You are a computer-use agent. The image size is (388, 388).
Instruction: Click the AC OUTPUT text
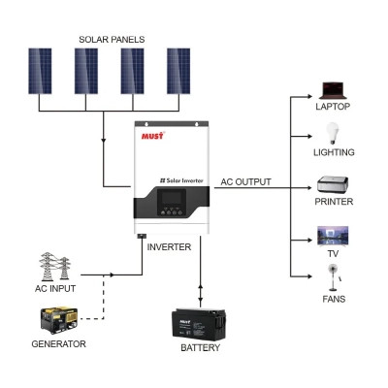246,181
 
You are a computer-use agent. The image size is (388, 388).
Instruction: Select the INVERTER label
168,247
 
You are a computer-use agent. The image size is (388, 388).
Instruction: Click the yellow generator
57,321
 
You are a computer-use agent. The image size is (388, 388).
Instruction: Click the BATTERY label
201,348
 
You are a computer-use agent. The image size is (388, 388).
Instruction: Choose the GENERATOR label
58,344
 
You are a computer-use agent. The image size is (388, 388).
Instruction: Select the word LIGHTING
334,153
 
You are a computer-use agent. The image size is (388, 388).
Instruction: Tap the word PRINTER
334,202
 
